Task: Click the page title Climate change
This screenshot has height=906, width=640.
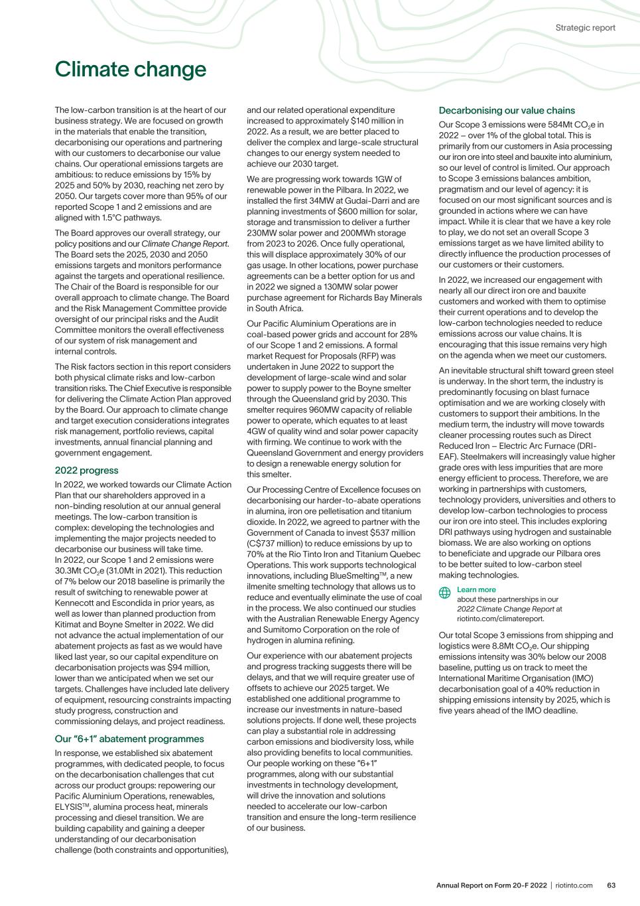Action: [x=131, y=70]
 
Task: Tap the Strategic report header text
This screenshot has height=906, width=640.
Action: [x=585, y=28]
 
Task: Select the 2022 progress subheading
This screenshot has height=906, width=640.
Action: [x=86, y=471]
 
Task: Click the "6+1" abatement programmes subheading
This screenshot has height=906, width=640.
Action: [x=129, y=739]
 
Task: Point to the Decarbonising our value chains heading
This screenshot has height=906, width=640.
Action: [x=507, y=110]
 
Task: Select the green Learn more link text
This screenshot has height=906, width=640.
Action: [x=476, y=589]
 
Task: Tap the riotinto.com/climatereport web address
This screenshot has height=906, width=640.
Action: [x=501, y=618]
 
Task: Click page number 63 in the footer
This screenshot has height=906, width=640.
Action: [x=611, y=885]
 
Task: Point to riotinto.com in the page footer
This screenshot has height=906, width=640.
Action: [x=574, y=885]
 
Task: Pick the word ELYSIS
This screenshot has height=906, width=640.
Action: [x=70, y=807]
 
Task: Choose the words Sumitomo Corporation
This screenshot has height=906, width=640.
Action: [x=292, y=629]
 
